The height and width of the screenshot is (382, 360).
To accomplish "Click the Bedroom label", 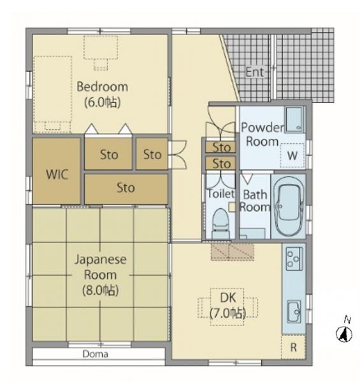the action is (x=103, y=87).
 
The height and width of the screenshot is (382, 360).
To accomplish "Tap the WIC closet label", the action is (x=57, y=174).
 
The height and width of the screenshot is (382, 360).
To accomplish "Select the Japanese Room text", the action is (x=101, y=267).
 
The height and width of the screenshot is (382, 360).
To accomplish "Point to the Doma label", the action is (x=96, y=354).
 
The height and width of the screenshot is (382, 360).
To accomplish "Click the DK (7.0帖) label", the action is (x=227, y=306).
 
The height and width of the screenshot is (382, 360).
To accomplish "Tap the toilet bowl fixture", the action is (x=221, y=223).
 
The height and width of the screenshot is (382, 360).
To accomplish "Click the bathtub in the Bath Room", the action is (x=289, y=206).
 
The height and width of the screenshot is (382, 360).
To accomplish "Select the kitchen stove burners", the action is (x=294, y=258).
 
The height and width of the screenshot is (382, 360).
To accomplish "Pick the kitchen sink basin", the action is (x=294, y=311).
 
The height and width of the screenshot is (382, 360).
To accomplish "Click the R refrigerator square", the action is (x=294, y=348).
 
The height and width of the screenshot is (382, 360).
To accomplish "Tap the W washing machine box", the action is (x=292, y=155).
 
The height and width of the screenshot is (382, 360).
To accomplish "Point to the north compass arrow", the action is (x=344, y=333).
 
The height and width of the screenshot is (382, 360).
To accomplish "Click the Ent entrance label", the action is (x=255, y=72).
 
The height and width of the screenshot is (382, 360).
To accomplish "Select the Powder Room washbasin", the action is (x=294, y=119).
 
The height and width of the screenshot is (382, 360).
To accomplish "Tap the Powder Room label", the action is (x=263, y=134).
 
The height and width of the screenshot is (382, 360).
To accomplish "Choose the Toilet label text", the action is (x=221, y=194).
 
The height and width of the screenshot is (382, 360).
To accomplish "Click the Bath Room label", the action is (x=255, y=201).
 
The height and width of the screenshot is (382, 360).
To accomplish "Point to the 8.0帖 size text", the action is (x=101, y=290).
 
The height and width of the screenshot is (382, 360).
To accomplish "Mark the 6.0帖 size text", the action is (x=103, y=103).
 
